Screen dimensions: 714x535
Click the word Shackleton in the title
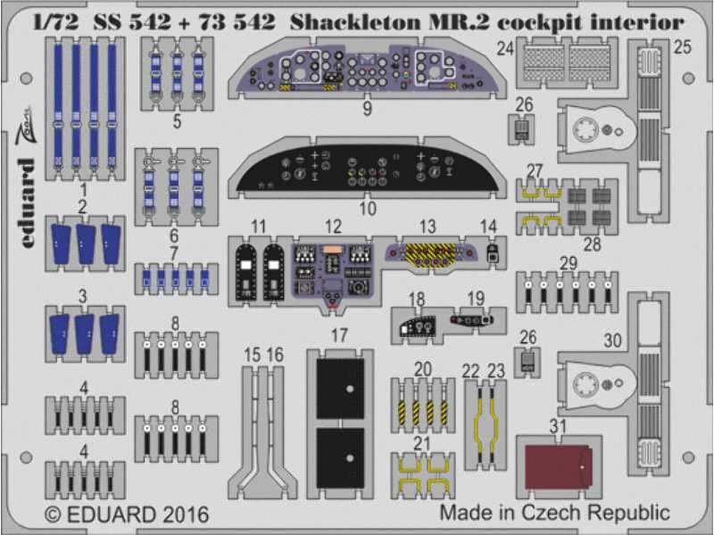[x=354, y=21]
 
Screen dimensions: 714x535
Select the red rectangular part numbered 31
[x=558, y=466]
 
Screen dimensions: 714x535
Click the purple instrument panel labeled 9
[x=367, y=70]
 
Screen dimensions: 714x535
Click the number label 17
[x=339, y=336]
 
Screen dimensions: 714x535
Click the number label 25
[x=682, y=47]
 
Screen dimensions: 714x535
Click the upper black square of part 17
[x=340, y=389]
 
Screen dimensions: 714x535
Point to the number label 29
[x=569, y=263]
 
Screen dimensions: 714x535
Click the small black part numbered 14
[x=492, y=252]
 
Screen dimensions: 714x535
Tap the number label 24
[x=505, y=48]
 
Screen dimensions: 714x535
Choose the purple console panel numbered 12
[x=334, y=274]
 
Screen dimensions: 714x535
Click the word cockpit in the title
[x=539, y=22]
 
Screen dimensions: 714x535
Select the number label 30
[x=612, y=340]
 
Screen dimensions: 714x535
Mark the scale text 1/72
[x=55, y=21]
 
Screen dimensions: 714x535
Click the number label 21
[x=421, y=443]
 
